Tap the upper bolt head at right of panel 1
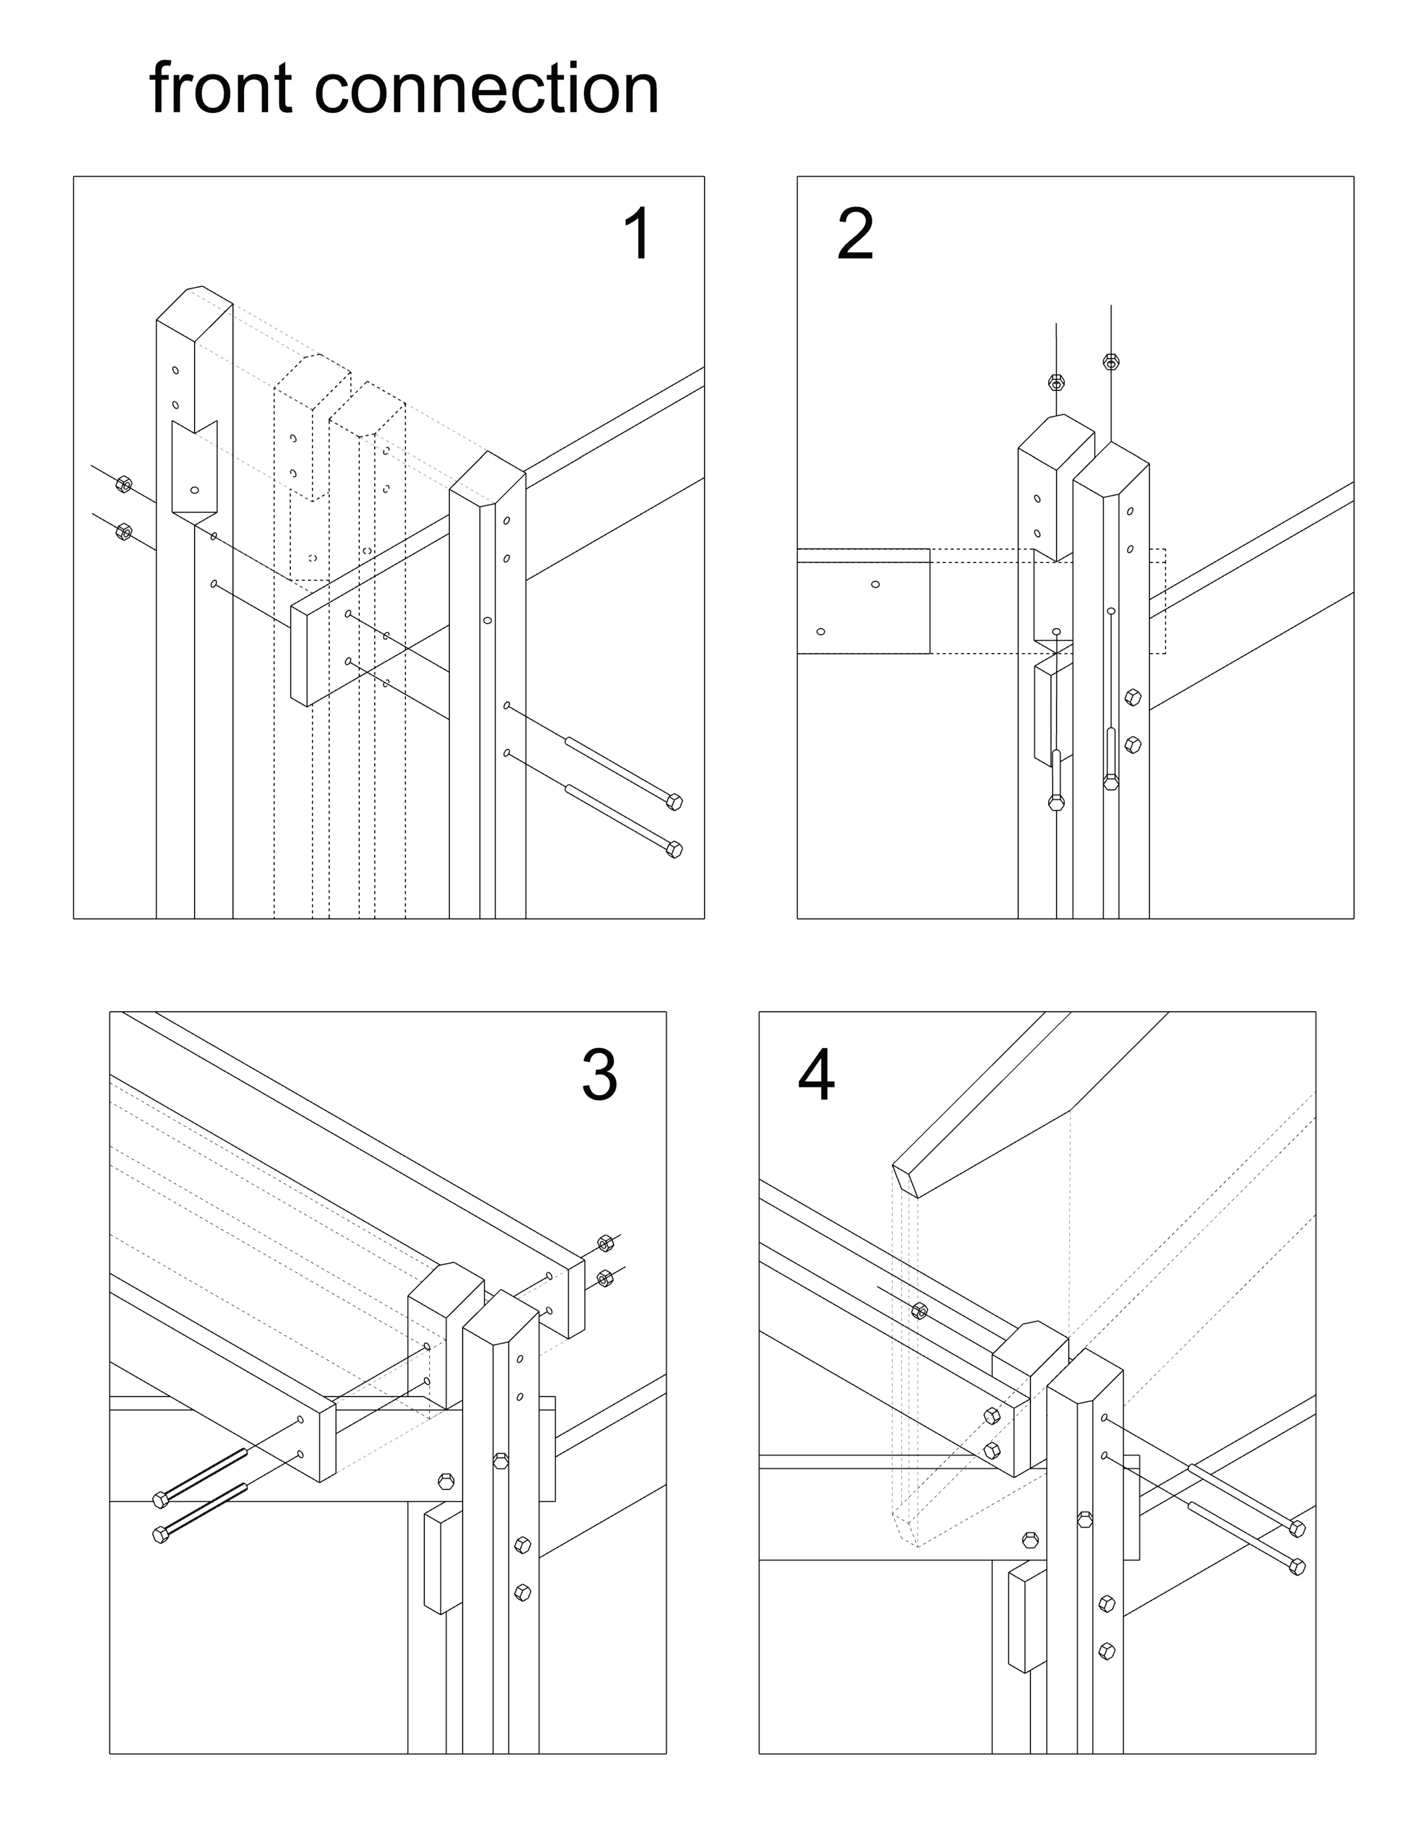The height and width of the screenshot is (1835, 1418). click(674, 802)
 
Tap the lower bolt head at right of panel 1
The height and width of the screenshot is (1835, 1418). click(674, 849)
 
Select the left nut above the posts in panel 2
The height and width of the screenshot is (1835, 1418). click(1057, 382)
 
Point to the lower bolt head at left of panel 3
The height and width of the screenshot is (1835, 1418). click(161, 1535)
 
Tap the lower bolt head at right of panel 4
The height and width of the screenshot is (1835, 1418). click(1297, 1566)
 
